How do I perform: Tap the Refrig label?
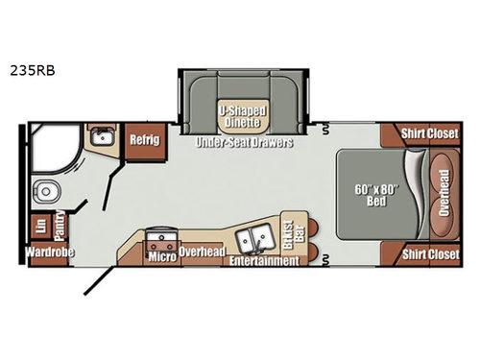click(144, 136)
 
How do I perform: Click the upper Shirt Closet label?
click(428, 134)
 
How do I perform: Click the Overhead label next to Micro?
click(203, 252)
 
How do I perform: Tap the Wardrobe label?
click(50, 253)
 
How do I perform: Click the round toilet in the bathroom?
click(44, 187)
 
